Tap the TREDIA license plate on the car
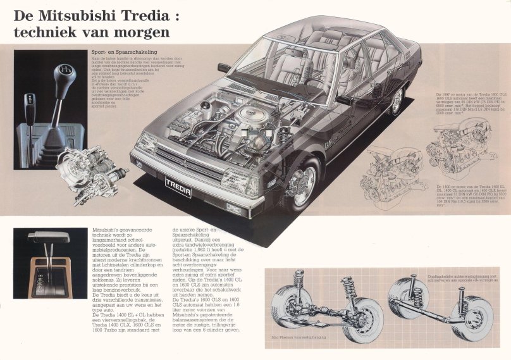pos(178,184)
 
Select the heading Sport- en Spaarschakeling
pos(124,52)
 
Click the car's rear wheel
pos(397,101)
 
